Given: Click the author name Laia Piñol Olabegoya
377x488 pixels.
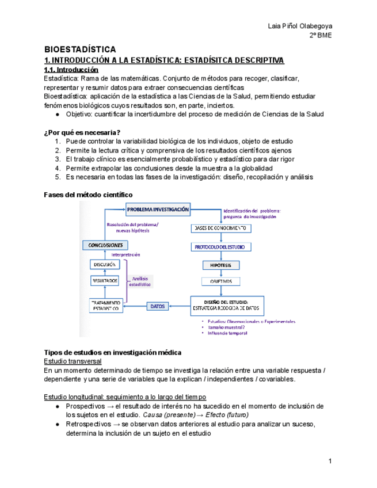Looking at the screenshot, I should pos(300,26).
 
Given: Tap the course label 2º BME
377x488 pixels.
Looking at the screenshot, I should pos(320,36).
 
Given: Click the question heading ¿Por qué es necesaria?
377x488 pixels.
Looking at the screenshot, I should pos(82,133).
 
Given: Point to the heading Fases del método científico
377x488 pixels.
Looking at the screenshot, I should pos(88,195).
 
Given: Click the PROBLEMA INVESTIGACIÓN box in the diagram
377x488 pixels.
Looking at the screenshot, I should pos(158,210).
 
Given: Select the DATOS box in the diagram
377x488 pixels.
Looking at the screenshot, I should pos(158,307).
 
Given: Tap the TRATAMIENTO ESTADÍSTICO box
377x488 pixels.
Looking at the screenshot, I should pos(105,306).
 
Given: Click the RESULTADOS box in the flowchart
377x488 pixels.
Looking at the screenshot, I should pos(105,281).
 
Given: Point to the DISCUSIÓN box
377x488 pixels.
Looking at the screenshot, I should pos(105,264).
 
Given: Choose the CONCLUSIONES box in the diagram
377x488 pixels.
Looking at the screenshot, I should pos(105,245).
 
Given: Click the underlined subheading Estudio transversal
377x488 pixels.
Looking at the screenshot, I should pos(73,361).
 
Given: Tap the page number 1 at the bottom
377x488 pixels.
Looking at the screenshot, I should pos(330,461).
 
